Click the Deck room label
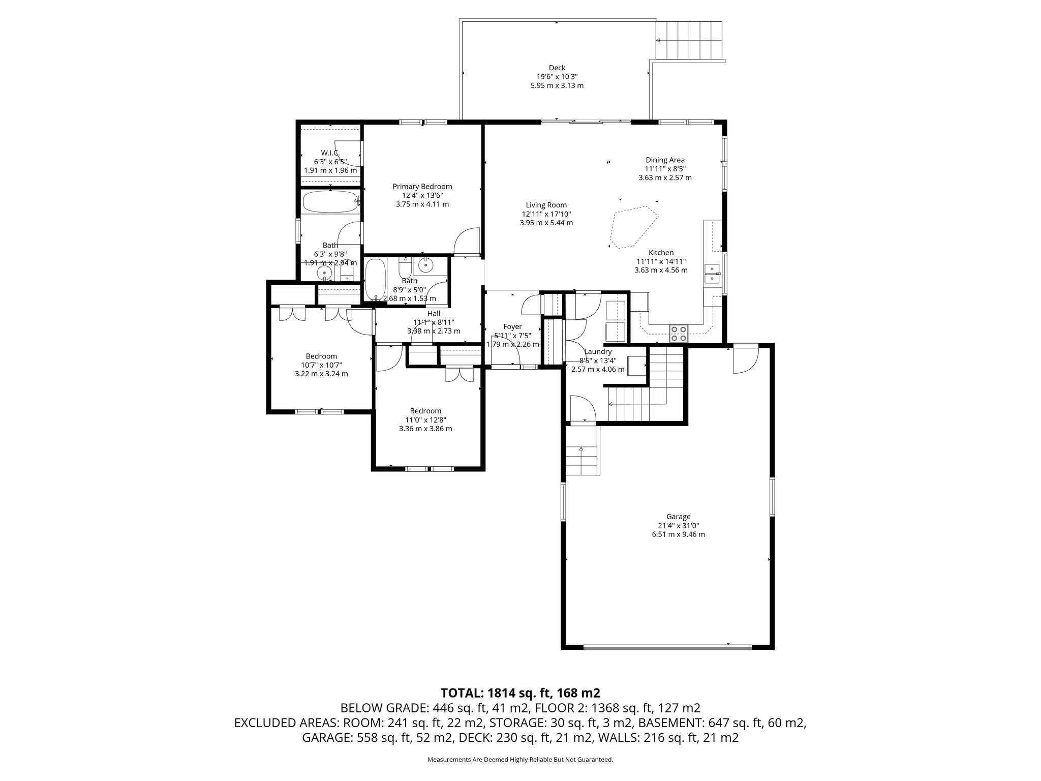557,68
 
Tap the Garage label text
679,517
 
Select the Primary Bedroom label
422,187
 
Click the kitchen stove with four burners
679,333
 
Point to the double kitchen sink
712,275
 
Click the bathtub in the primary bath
330,202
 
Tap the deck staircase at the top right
689,41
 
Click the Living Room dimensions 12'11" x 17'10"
546,214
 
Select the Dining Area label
665,160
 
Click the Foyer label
512,327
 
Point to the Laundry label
598,351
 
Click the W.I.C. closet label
330,153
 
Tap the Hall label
434,314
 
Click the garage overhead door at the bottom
667,647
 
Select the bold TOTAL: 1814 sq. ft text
520,693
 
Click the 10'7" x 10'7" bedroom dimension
321,365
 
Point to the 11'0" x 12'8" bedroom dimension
425,420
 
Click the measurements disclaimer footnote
520,760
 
